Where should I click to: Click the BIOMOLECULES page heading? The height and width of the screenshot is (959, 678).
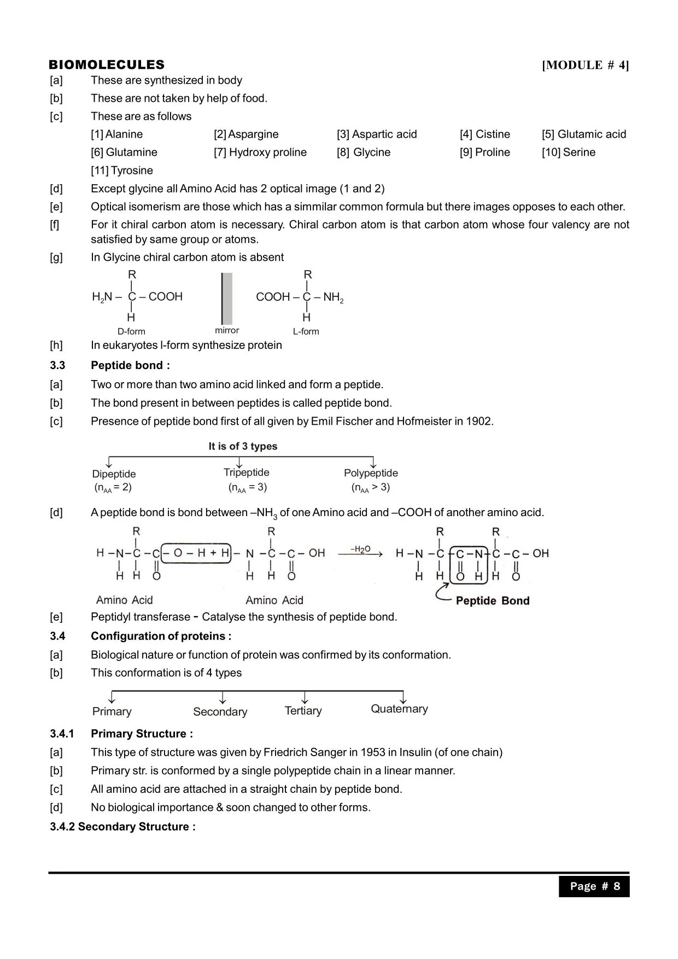[107, 65]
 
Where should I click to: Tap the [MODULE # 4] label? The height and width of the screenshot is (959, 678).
[585, 65]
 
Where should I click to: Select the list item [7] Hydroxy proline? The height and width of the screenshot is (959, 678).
[260, 152]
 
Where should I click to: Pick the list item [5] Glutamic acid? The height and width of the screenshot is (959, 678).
[584, 134]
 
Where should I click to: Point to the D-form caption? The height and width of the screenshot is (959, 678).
[131, 331]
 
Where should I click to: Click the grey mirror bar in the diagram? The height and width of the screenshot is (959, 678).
[227, 299]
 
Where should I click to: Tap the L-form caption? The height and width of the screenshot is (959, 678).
[306, 331]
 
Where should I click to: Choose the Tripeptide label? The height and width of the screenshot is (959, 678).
[247, 472]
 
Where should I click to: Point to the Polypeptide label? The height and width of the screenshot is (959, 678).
[371, 472]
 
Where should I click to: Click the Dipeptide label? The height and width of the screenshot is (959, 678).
[114, 473]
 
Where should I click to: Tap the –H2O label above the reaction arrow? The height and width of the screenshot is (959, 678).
[360, 549]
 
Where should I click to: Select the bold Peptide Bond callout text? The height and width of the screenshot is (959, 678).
[492, 600]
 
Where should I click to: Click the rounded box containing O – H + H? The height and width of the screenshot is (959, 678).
[197, 553]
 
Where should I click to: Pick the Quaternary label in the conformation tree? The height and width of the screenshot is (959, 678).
[399, 709]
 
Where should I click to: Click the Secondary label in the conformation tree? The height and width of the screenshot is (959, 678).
[220, 711]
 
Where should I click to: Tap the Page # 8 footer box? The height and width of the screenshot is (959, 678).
[594, 886]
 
